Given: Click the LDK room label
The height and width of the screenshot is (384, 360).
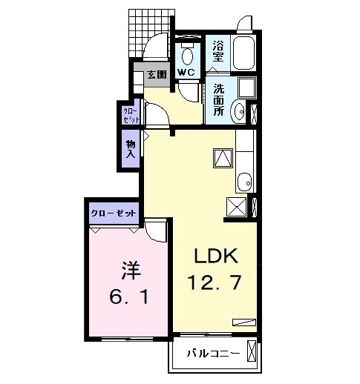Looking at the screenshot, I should coord(215,256).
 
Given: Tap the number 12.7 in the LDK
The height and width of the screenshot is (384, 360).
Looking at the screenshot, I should coord(216,282).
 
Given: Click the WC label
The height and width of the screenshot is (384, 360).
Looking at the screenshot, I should coord(186,72).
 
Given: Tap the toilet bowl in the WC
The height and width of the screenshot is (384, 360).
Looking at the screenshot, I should coord(187,54).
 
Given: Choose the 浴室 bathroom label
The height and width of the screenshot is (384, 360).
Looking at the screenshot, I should coord(218,50).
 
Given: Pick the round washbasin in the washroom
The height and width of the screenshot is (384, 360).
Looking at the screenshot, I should coord(239,112).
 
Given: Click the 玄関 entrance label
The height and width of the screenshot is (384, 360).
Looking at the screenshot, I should coord(156,74).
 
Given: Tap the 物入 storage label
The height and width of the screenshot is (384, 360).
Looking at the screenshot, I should coord(131,149).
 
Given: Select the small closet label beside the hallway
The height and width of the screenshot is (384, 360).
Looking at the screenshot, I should coord(130,114).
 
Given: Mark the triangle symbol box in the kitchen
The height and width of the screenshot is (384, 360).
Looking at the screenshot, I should coord(223,156).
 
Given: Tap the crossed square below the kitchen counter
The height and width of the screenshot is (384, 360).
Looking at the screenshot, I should coord(237,206).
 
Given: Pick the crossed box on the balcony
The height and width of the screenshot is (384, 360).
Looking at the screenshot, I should coord(252,351).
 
